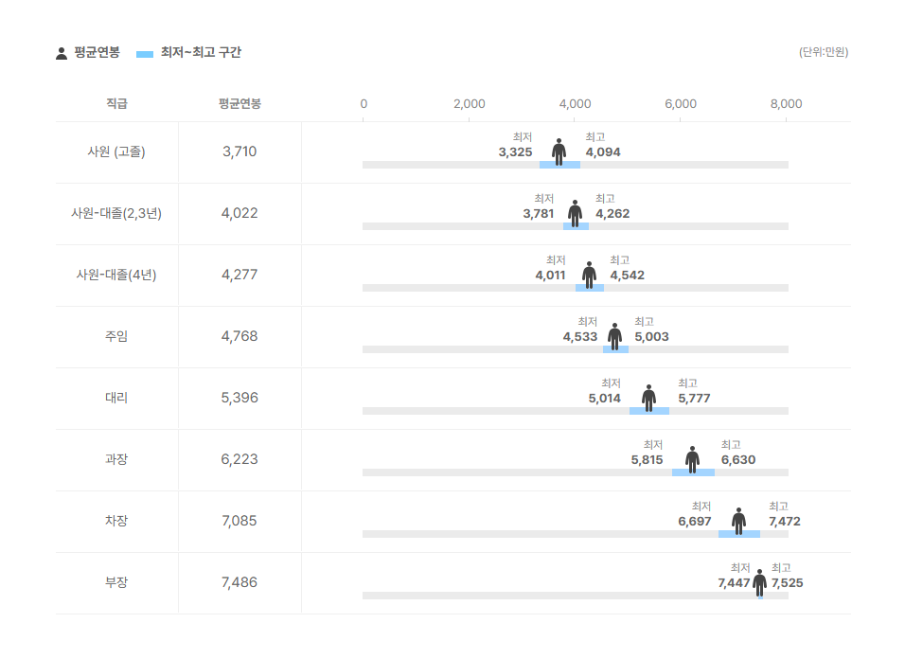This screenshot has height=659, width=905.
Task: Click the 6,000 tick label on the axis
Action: click(681, 104)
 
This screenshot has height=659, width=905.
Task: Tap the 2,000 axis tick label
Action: click(470, 104)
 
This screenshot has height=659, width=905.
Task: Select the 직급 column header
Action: click(116, 104)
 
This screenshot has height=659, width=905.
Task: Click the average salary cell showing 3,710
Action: click(240, 151)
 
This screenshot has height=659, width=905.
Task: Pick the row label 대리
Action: click(116, 398)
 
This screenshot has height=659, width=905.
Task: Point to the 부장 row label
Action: click(116, 582)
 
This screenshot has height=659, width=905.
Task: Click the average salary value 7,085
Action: click(240, 521)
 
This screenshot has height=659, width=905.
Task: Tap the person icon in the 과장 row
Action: click(693, 459)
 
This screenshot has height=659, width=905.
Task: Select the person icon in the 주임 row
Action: click(615, 336)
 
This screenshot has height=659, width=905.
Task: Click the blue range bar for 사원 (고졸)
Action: click(559, 165)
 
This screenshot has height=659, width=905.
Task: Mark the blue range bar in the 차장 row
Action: click(739, 534)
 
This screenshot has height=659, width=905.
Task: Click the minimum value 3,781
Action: click(539, 213)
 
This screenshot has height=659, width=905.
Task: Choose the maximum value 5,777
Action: click(694, 399)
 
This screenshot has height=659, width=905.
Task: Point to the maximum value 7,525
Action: click(788, 583)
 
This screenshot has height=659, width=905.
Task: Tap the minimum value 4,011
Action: click(551, 276)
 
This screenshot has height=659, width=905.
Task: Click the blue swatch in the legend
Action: click(145, 54)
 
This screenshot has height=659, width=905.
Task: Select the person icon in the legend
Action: click(62, 53)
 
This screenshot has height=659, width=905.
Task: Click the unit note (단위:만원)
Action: click(824, 52)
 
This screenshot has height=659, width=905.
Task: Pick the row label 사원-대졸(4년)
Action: click(116, 275)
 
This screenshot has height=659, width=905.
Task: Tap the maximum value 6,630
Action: click(738, 460)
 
